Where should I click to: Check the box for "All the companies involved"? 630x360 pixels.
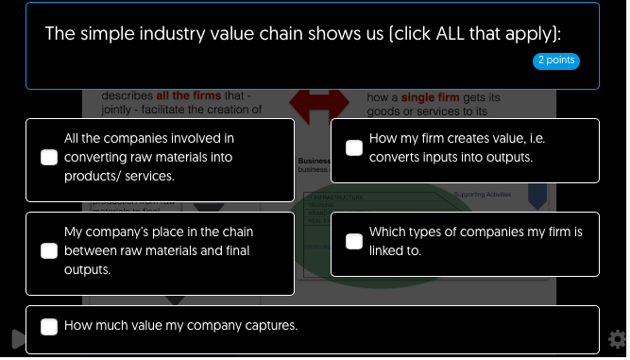[49, 158]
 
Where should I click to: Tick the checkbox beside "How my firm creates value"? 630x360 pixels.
[354, 148]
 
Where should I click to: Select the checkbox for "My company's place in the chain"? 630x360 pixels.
[49, 250]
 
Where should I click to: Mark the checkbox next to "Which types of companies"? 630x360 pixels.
[354, 241]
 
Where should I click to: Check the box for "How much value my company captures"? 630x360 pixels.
[49, 327]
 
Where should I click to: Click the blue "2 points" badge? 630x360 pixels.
[556, 60]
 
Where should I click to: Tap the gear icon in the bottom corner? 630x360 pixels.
[618, 339]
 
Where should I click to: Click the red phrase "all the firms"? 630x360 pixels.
[190, 95]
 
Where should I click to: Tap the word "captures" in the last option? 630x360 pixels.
[272, 326]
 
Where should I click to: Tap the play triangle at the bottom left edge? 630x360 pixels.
[16, 339]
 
